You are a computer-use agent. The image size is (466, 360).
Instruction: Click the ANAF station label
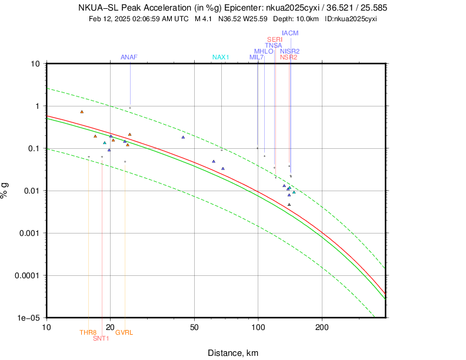click(x=129, y=57)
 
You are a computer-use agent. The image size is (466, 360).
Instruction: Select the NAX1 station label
click(x=220, y=57)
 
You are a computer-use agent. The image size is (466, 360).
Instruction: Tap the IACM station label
click(x=290, y=34)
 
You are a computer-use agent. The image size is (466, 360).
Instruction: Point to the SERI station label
click(x=275, y=39)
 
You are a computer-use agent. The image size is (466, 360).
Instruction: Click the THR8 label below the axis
click(x=88, y=332)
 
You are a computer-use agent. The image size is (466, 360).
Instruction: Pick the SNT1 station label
click(x=101, y=338)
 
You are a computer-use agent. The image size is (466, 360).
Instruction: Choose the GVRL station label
click(x=124, y=332)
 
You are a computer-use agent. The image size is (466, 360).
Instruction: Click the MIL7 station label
click(x=257, y=57)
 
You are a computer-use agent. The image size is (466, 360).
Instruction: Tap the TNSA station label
click(x=273, y=45)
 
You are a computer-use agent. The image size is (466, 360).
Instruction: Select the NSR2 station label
click(x=289, y=57)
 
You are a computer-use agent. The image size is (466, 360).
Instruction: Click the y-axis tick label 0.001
click(x=27, y=233)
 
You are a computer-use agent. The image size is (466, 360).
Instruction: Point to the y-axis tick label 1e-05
click(x=27, y=318)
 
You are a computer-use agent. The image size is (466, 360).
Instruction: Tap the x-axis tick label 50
click(x=194, y=326)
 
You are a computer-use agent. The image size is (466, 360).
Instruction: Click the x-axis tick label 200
click(x=322, y=326)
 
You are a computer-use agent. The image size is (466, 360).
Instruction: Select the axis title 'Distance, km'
click(x=232, y=352)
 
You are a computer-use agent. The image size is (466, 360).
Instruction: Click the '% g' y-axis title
click(x=6, y=190)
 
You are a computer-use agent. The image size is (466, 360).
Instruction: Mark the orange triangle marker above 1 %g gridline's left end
click(x=82, y=112)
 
